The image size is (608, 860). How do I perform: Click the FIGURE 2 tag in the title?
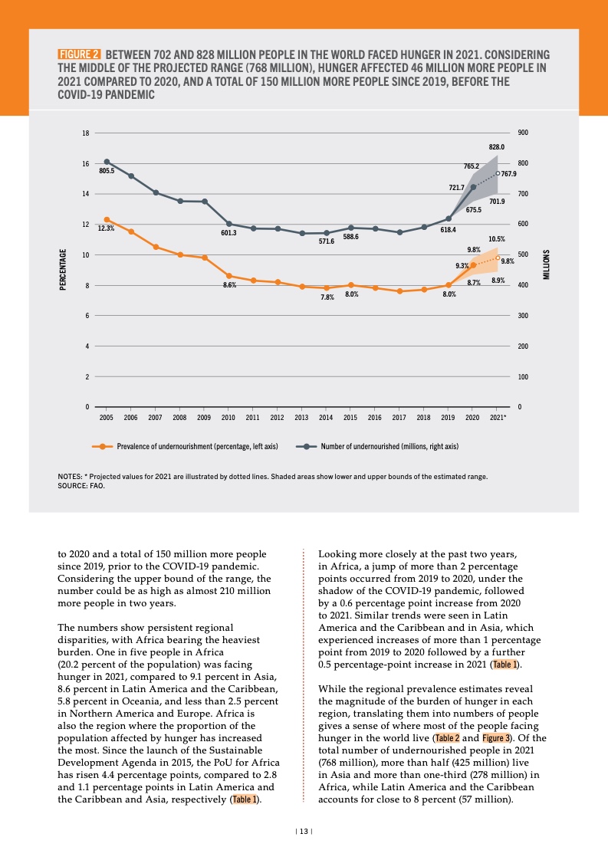79,55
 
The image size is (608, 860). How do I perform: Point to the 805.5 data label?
107,170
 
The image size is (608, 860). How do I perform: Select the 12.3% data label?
106,228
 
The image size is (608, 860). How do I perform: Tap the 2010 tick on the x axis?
228,418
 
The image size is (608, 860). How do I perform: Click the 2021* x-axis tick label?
498,418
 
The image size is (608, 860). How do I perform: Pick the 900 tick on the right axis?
524,133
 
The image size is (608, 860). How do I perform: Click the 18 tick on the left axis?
86,133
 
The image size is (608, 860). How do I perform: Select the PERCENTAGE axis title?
63,269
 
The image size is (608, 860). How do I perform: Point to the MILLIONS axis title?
547,264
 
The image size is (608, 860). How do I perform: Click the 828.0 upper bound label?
497,146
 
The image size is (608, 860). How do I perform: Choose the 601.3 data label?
228,233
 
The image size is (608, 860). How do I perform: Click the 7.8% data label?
327,297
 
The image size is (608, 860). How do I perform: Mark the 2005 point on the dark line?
107,162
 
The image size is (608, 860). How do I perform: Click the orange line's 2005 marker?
107,220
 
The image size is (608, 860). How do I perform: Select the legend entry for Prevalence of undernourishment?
184,445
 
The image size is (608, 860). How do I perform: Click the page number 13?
304,831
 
